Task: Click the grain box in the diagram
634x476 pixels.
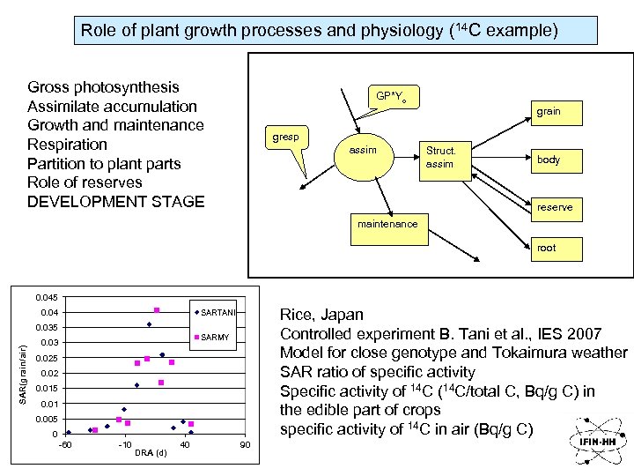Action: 548,111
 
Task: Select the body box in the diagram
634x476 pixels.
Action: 548,160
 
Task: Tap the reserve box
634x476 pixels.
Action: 554,207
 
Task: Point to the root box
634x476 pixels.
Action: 546,248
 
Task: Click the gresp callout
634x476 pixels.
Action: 285,138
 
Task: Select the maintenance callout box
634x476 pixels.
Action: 387,224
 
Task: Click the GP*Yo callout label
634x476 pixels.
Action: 390,95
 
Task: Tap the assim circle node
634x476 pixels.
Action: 362,151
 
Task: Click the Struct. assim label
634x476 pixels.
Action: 439,157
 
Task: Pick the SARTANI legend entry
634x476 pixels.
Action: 214,313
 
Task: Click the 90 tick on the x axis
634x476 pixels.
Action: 246,444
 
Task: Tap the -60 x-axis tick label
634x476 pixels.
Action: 64,444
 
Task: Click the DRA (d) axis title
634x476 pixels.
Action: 151,454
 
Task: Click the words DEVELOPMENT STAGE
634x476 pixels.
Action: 115,202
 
